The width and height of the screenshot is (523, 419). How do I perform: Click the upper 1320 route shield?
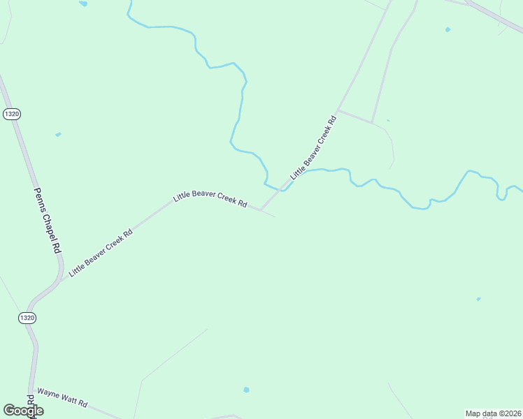10,114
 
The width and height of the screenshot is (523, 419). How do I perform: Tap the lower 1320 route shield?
28,318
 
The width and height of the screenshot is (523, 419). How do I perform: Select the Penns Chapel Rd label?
48,220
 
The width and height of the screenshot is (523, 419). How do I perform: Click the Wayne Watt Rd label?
62,398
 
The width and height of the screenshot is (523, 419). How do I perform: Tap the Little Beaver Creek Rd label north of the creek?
314,148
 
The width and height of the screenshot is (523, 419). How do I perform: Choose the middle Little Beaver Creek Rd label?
210,199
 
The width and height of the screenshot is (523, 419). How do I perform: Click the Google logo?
23,411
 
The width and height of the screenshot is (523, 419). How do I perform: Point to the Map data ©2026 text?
494,413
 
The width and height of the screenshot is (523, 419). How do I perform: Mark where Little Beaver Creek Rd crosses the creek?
283,189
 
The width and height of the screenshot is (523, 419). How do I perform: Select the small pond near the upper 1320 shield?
58,134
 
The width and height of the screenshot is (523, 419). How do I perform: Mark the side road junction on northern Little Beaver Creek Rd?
338,110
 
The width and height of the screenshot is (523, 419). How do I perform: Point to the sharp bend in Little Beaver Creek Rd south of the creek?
260,209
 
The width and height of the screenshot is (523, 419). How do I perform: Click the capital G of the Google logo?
8,410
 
